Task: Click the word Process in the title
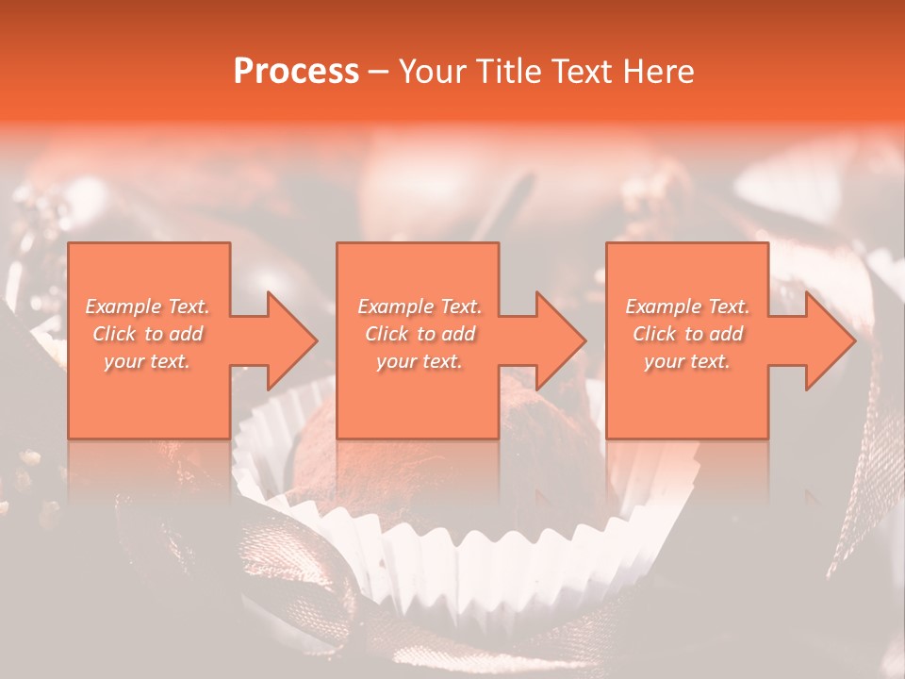296,72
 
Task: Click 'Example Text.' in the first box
148,306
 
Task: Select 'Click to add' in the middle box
420,334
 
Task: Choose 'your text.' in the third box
687,361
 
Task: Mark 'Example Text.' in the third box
687,306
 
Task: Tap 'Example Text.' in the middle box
420,306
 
